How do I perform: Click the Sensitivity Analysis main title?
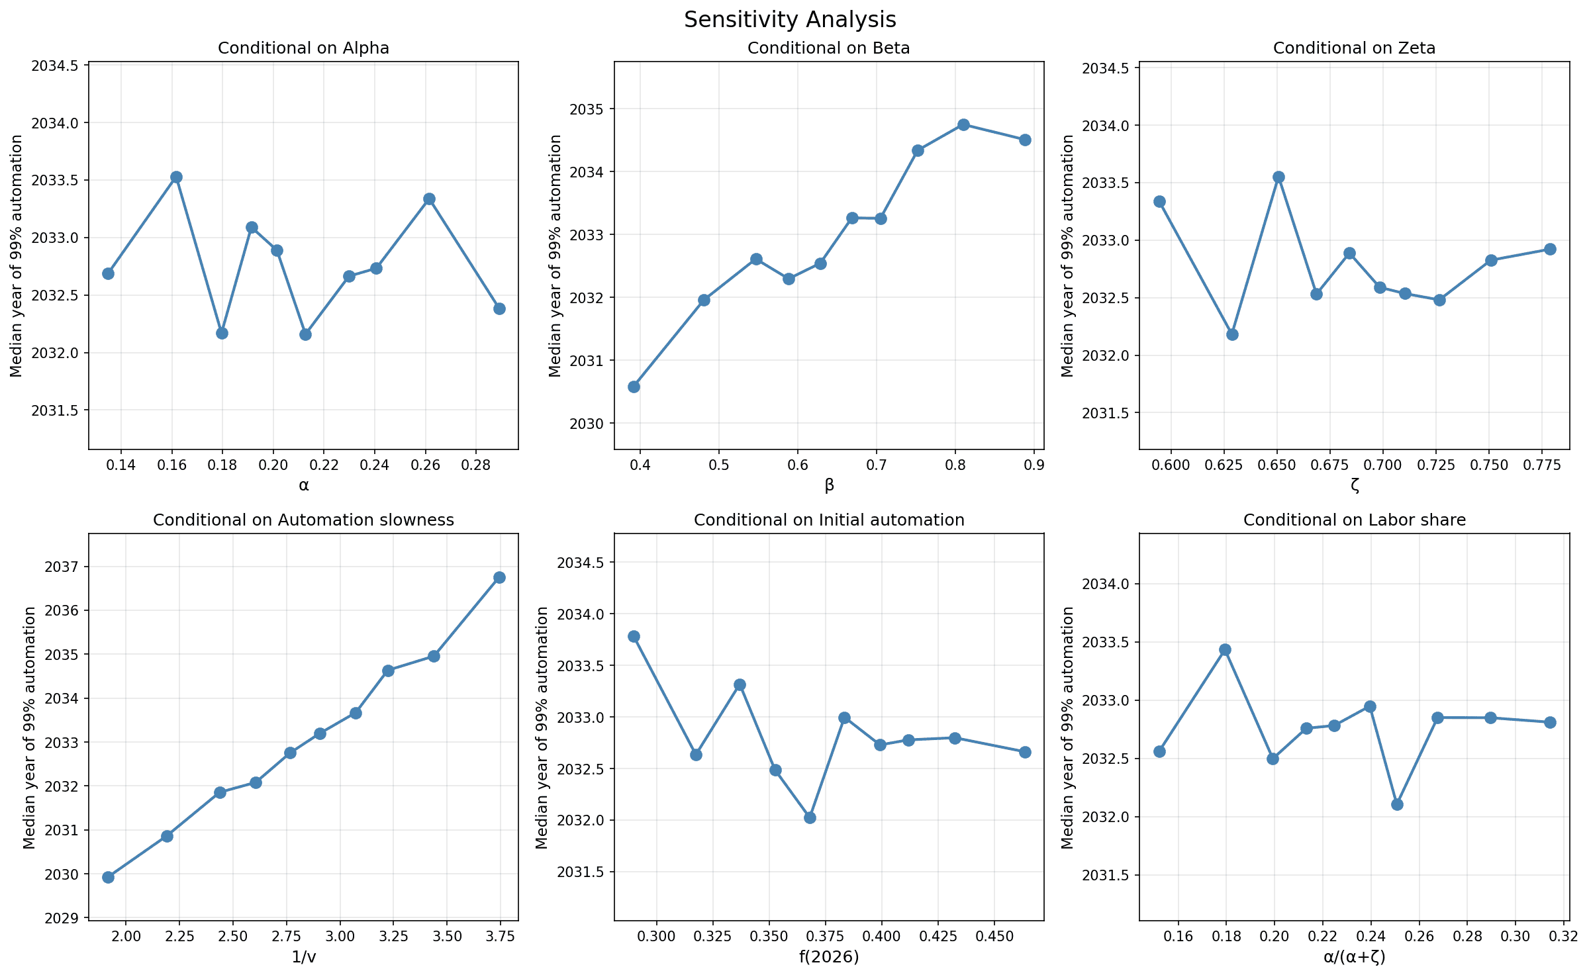click(x=790, y=20)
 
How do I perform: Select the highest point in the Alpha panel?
click(x=176, y=177)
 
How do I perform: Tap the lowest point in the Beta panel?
click(x=634, y=387)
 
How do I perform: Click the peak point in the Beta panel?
click(x=963, y=124)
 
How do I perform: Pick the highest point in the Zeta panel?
click(x=1278, y=177)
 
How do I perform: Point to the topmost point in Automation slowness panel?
click(x=499, y=577)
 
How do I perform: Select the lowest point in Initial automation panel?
click(x=810, y=817)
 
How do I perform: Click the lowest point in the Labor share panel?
click(x=1397, y=804)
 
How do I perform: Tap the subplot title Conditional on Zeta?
click(x=1354, y=48)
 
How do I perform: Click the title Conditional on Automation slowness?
click(x=303, y=520)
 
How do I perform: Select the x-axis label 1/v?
click(x=303, y=957)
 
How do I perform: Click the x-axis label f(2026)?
click(x=829, y=957)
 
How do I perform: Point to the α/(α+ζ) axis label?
click(x=1354, y=957)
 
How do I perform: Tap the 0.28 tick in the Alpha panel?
click(x=475, y=465)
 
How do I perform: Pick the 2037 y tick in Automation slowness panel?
click(x=61, y=567)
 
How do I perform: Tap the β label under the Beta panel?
click(x=829, y=485)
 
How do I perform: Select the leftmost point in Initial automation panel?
click(x=634, y=636)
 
